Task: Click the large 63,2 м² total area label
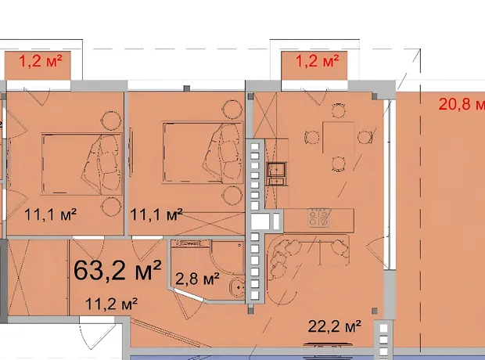click(x=117, y=270)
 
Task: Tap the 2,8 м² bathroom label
click(x=197, y=279)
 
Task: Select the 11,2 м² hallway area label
click(x=111, y=304)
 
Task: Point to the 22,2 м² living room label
click(x=334, y=326)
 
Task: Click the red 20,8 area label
click(x=462, y=104)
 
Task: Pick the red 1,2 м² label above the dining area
click(x=318, y=61)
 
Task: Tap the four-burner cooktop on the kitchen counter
click(x=319, y=218)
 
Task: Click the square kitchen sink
click(x=277, y=170)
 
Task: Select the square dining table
click(x=339, y=138)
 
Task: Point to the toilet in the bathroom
click(x=237, y=288)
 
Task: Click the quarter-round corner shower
click(x=228, y=257)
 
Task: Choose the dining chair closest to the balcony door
click(x=339, y=110)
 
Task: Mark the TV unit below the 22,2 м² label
click(x=329, y=344)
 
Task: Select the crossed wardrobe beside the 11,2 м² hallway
click(x=18, y=277)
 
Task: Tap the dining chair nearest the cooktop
click(x=339, y=164)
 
